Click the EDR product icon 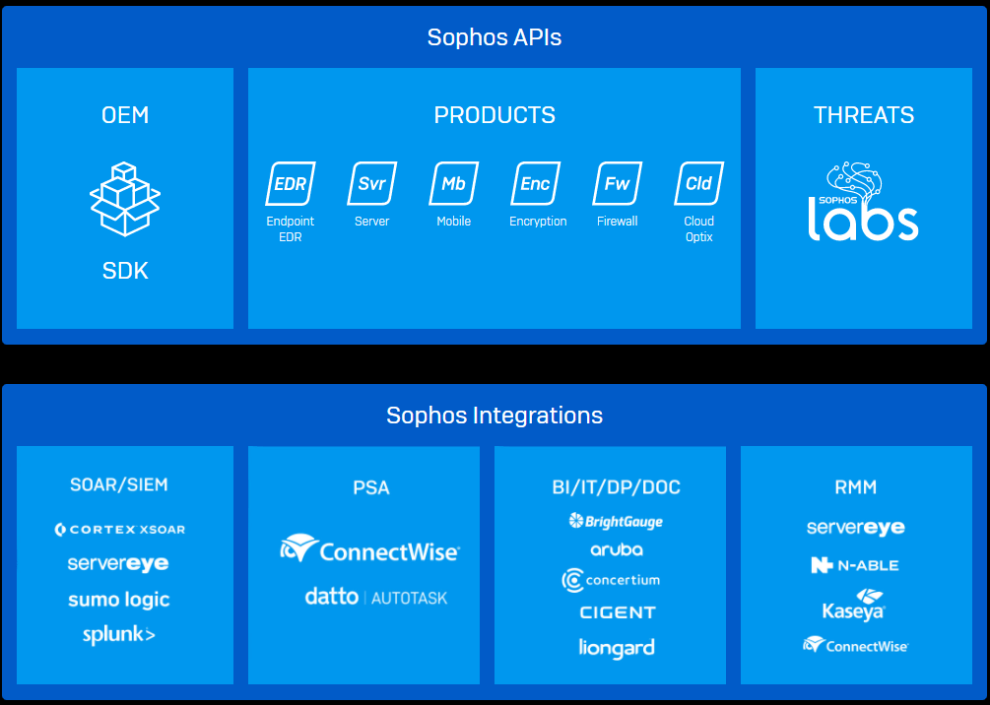291,184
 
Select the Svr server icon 372,184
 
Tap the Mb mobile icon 454,184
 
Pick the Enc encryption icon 536,184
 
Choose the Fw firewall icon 618,184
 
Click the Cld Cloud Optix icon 699,184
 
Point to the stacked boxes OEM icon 125,200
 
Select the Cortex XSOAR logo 120,530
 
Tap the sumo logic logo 119,600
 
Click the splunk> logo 119,635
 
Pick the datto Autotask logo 375,597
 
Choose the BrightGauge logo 616,521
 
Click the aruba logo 617,550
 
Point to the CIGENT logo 618,612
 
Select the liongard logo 617,648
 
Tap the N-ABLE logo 855,565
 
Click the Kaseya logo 855,605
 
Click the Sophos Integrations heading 495,416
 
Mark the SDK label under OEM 125,271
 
